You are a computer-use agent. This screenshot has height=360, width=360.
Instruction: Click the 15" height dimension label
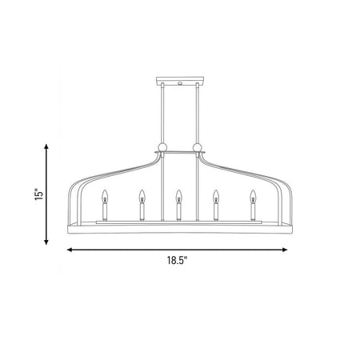39,194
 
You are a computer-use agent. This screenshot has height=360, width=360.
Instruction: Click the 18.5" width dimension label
178,260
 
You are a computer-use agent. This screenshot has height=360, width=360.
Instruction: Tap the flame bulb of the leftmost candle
105,196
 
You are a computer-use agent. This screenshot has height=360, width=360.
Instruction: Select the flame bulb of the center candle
179,196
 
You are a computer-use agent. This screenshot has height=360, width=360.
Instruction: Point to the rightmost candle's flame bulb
253,196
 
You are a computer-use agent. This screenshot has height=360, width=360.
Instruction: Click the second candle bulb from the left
142,196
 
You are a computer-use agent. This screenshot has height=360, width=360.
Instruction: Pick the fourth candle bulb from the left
216,196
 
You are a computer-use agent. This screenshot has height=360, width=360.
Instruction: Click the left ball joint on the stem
162,147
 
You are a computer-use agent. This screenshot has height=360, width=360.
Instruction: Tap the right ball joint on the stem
198,147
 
